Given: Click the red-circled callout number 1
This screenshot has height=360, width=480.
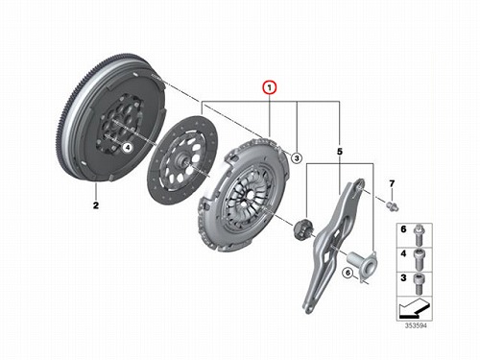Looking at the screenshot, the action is coord(270,87).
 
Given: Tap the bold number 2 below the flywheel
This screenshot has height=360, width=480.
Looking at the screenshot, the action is coord(96,205).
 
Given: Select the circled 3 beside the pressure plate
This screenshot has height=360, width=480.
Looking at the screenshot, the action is coord(297,157).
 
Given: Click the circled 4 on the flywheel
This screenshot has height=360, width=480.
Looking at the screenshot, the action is coord(128,148).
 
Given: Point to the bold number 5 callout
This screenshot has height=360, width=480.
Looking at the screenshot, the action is coord(340,152).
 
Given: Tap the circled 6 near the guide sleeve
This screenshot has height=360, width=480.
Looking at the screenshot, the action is coord(348,273).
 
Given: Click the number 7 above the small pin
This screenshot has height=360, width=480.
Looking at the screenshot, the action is coord(392,183).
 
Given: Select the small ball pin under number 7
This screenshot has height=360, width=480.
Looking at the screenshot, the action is coord(393,206).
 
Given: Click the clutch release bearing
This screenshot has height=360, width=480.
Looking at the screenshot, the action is coord(301,228).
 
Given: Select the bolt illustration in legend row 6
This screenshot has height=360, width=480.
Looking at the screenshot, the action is coord(418,235).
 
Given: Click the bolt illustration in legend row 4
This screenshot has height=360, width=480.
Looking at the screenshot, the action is coord(418,259).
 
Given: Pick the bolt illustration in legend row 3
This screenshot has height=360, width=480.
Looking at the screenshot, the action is coord(418,283).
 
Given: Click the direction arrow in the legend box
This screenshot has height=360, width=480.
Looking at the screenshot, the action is coord(414,308).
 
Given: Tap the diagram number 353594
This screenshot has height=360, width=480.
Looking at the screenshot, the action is coord(416,325).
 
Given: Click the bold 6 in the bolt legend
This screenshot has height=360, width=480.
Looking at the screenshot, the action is coord(403,229).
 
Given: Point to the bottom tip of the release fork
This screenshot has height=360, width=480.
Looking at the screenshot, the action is coord(307,310).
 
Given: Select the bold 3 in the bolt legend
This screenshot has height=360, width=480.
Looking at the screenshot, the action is coord(403,277).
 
